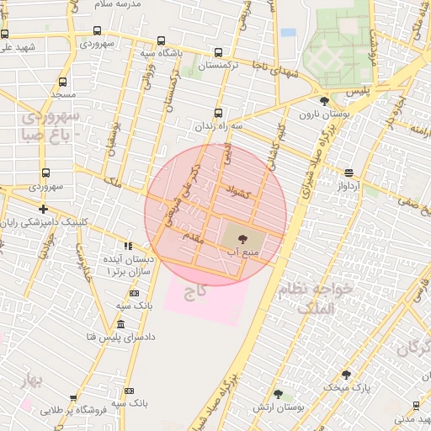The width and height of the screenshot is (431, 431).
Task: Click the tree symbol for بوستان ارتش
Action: (278, 394)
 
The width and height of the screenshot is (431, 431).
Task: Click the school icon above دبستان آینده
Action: (127, 245)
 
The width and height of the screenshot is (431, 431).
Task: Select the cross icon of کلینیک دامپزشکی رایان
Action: (43, 209)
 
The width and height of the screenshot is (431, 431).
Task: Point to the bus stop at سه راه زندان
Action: (219, 112)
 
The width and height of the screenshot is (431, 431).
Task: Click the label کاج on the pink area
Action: (196, 291)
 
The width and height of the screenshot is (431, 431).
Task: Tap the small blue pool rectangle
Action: (288, 33)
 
